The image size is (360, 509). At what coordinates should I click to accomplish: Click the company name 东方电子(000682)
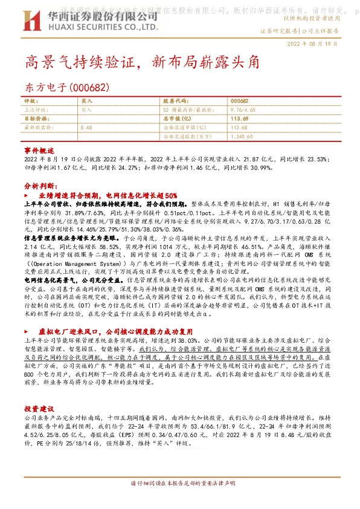66,87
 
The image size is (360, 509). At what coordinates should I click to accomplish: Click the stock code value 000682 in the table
239,100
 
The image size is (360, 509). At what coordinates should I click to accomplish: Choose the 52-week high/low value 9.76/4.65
244,110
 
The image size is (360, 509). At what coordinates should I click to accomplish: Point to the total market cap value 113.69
240,119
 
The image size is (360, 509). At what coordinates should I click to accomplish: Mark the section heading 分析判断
40,186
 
